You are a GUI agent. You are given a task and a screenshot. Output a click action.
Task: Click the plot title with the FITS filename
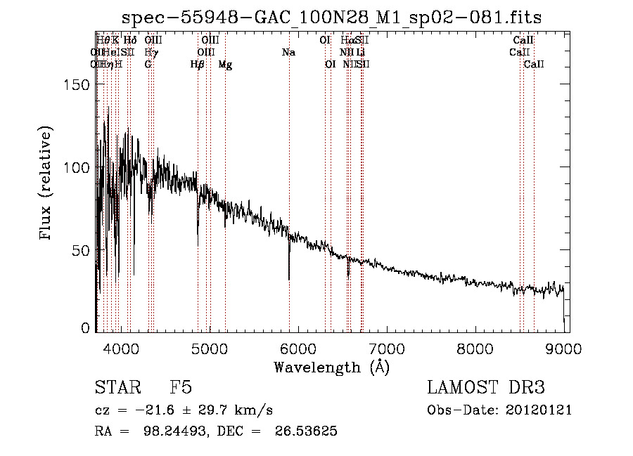click(331, 18)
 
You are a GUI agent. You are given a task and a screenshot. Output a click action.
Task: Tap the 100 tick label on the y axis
click(77, 167)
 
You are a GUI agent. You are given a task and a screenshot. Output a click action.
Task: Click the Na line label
click(288, 52)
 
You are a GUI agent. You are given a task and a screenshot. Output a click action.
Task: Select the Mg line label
click(225, 65)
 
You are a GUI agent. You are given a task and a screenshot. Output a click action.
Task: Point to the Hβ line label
click(198, 65)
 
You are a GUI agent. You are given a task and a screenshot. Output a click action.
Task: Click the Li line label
click(360, 52)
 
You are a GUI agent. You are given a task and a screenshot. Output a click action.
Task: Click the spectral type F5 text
click(181, 388)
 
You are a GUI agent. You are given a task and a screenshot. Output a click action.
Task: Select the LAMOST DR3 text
click(486, 388)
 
